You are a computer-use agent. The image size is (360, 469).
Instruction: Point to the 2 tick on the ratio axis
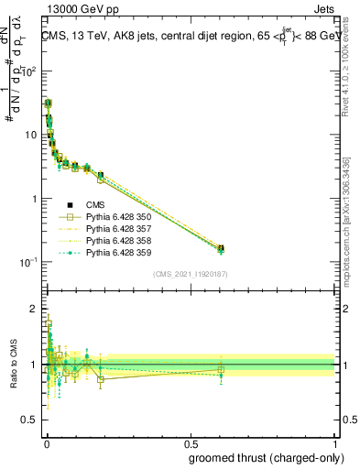coord(34,308)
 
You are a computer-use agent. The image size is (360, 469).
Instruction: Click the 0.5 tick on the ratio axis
coord(29,422)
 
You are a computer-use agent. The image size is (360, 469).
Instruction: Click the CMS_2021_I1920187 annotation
coord(190,273)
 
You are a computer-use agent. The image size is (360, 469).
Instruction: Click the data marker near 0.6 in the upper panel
coord(220,248)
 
